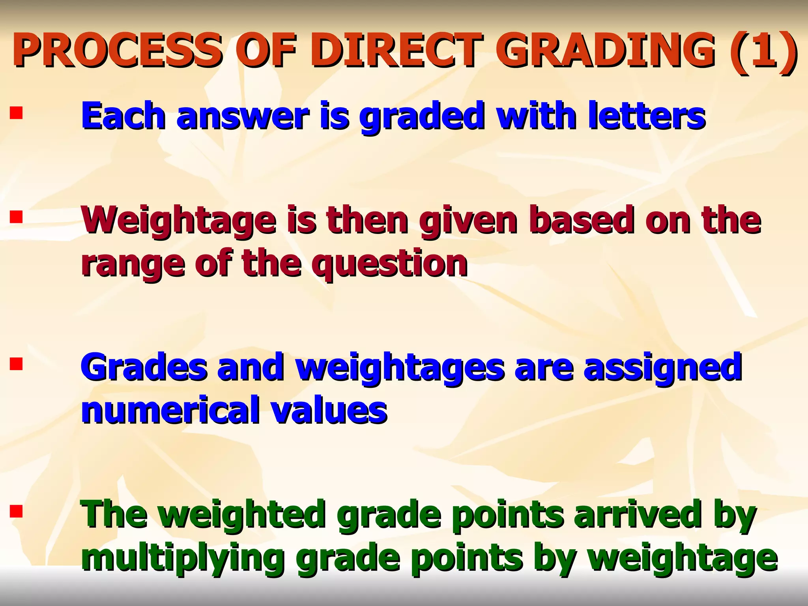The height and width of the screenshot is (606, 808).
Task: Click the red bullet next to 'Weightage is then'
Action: [x=17, y=217]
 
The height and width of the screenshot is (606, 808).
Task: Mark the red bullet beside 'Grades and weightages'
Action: [x=17, y=363]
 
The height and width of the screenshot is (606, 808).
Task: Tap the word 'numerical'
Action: [x=170, y=410]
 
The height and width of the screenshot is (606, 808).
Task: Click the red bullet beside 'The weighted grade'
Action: [x=17, y=512]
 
